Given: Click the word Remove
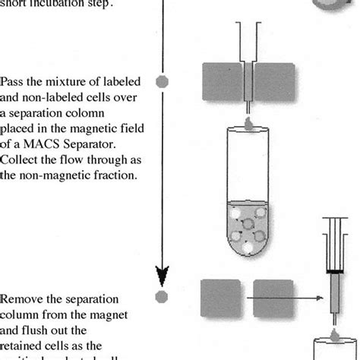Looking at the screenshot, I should [x=21, y=299].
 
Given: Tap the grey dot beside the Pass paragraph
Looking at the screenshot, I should [x=161, y=80].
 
